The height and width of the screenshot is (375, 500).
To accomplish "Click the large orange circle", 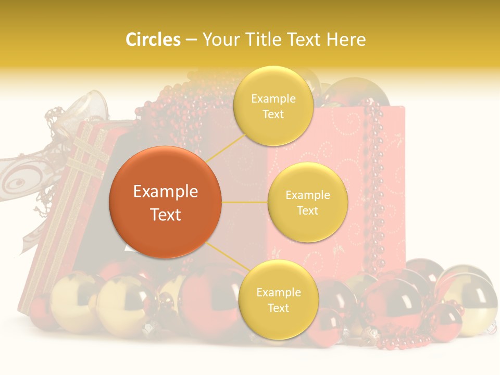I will [x=166, y=202].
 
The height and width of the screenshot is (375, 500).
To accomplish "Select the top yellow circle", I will [x=273, y=106].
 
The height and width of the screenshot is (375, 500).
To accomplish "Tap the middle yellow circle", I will [x=307, y=202].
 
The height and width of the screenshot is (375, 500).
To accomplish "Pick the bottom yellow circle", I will [x=278, y=299].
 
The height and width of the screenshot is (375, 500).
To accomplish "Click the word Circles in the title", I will [x=153, y=40].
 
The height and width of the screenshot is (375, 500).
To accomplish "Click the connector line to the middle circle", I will [x=244, y=202].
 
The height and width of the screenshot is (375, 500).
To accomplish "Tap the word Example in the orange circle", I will [x=166, y=192].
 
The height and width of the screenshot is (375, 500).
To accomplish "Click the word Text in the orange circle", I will [x=166, y=215].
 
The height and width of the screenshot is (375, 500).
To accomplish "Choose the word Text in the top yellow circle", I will [x=273, y=115].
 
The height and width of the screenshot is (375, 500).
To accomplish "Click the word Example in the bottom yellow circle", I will [x=278, y=292].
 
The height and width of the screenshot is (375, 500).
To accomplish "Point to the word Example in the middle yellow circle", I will [x=307, y=195].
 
